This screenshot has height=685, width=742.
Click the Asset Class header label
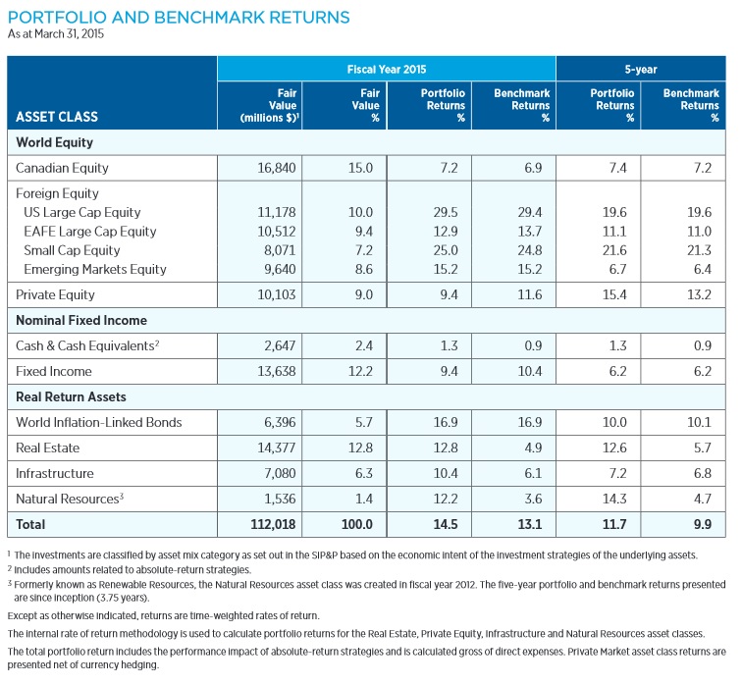tap(57, 117)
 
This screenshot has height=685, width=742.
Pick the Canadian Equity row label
tap(62, 168)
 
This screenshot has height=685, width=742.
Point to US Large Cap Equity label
tap(81, 212)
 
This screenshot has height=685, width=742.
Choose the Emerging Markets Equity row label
tap(94, 268)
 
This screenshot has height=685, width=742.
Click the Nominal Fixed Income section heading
tap(81, 320)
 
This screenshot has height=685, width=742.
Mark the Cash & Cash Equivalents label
tap(85, 345)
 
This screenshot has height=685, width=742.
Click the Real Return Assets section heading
tap(73, 396)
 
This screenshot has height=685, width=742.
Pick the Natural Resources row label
tap(68, 499)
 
